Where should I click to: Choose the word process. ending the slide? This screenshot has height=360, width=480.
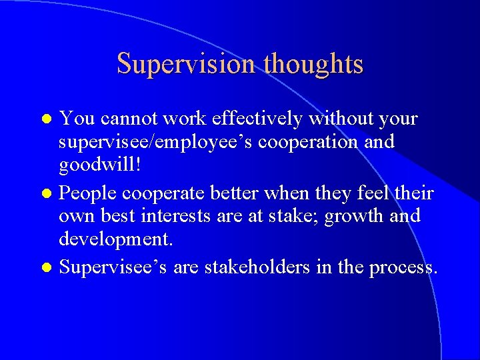click(x=400, y=267)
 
